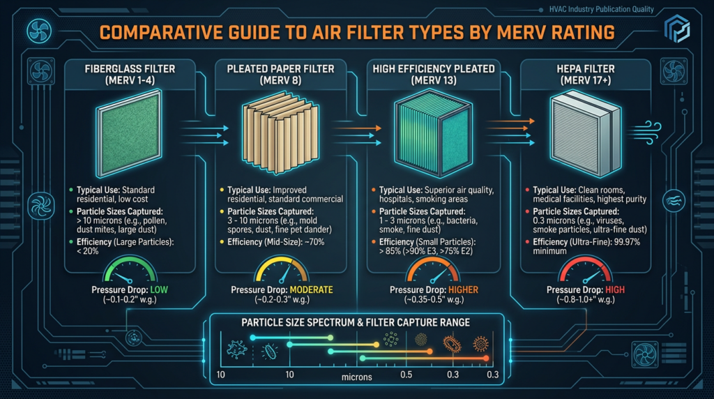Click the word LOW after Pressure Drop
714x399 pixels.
(160, 288)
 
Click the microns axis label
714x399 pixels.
(357, 377)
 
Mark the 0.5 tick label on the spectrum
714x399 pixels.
(403, 375)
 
